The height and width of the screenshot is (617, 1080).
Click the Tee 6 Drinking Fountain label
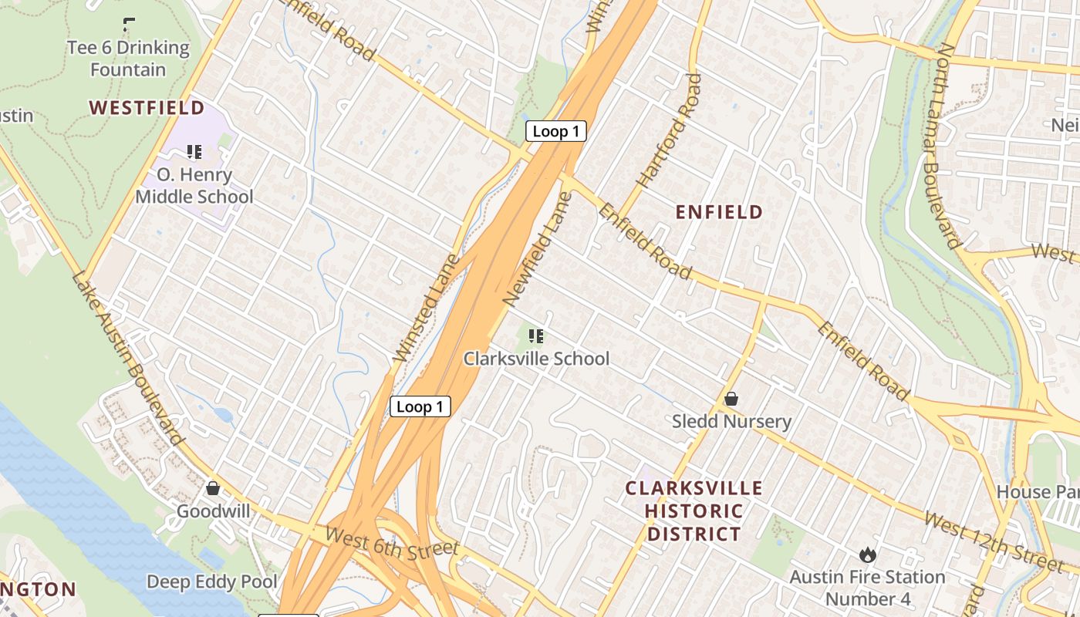[x=128, y=59]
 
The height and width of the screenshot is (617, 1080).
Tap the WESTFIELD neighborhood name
[x=147, y=107]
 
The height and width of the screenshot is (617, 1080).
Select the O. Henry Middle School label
[x=194, y=186]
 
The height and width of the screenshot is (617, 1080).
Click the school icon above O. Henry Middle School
[x=194, y=152]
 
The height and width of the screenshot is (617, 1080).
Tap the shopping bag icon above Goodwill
[x=213, y=488]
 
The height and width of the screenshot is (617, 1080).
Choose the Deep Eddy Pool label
[x=212, y=582]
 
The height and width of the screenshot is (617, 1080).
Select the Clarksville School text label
[x=536, y=359]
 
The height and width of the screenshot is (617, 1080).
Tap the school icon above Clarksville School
[x=536, y=335]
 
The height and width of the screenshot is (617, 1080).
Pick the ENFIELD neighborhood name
[x=719, y=212]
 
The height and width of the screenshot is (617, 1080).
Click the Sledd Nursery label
[x=731, y=421]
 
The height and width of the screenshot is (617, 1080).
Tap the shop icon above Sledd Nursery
[x=731, y=399]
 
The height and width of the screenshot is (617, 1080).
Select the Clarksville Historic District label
[x=694, y=511]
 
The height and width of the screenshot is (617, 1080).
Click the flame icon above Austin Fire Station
[x=867, y=555]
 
